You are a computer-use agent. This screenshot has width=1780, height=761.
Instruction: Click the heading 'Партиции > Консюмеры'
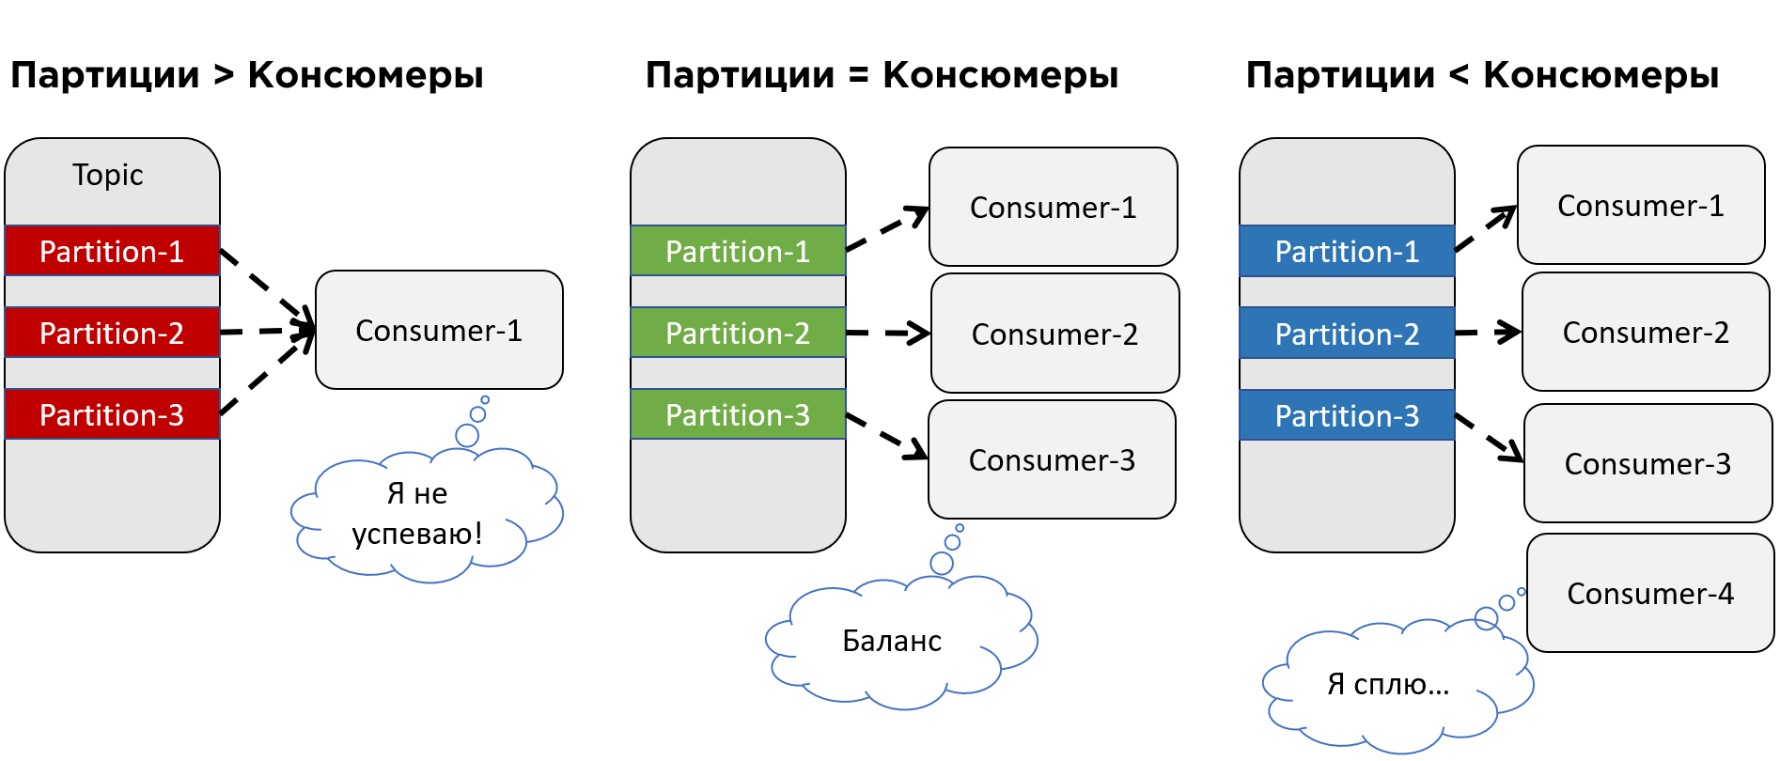click(x=246, y=75)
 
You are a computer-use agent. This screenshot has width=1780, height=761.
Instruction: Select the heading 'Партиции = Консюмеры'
click(x=882, y=75)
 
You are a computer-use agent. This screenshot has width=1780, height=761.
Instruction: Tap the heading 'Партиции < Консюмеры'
click(x=1482, y=75)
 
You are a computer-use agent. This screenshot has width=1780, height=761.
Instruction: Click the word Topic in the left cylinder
click(x=108, y=176)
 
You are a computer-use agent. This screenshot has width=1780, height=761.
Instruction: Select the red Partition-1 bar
click(x=112, y=251)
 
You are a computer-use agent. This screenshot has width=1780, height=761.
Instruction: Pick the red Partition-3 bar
click(x=112, y=414)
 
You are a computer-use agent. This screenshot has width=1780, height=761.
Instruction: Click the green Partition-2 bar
click(x=738, y=333)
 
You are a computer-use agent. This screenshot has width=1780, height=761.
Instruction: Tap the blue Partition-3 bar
click(x=1347, y=415)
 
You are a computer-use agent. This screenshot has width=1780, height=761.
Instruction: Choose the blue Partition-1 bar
click(x=1347, y=251)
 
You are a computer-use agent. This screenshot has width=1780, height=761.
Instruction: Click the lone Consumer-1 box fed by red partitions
click(x=439, y=330)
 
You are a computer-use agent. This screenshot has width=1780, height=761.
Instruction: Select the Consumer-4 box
click(x=1650, y=593)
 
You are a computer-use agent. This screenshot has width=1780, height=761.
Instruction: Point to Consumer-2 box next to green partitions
click(x=1054, y=334)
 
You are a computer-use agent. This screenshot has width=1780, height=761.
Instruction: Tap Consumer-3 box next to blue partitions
click(x=1647, y=463)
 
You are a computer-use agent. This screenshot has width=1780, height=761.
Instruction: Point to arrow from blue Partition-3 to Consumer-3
click(x=1489, y=437)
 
